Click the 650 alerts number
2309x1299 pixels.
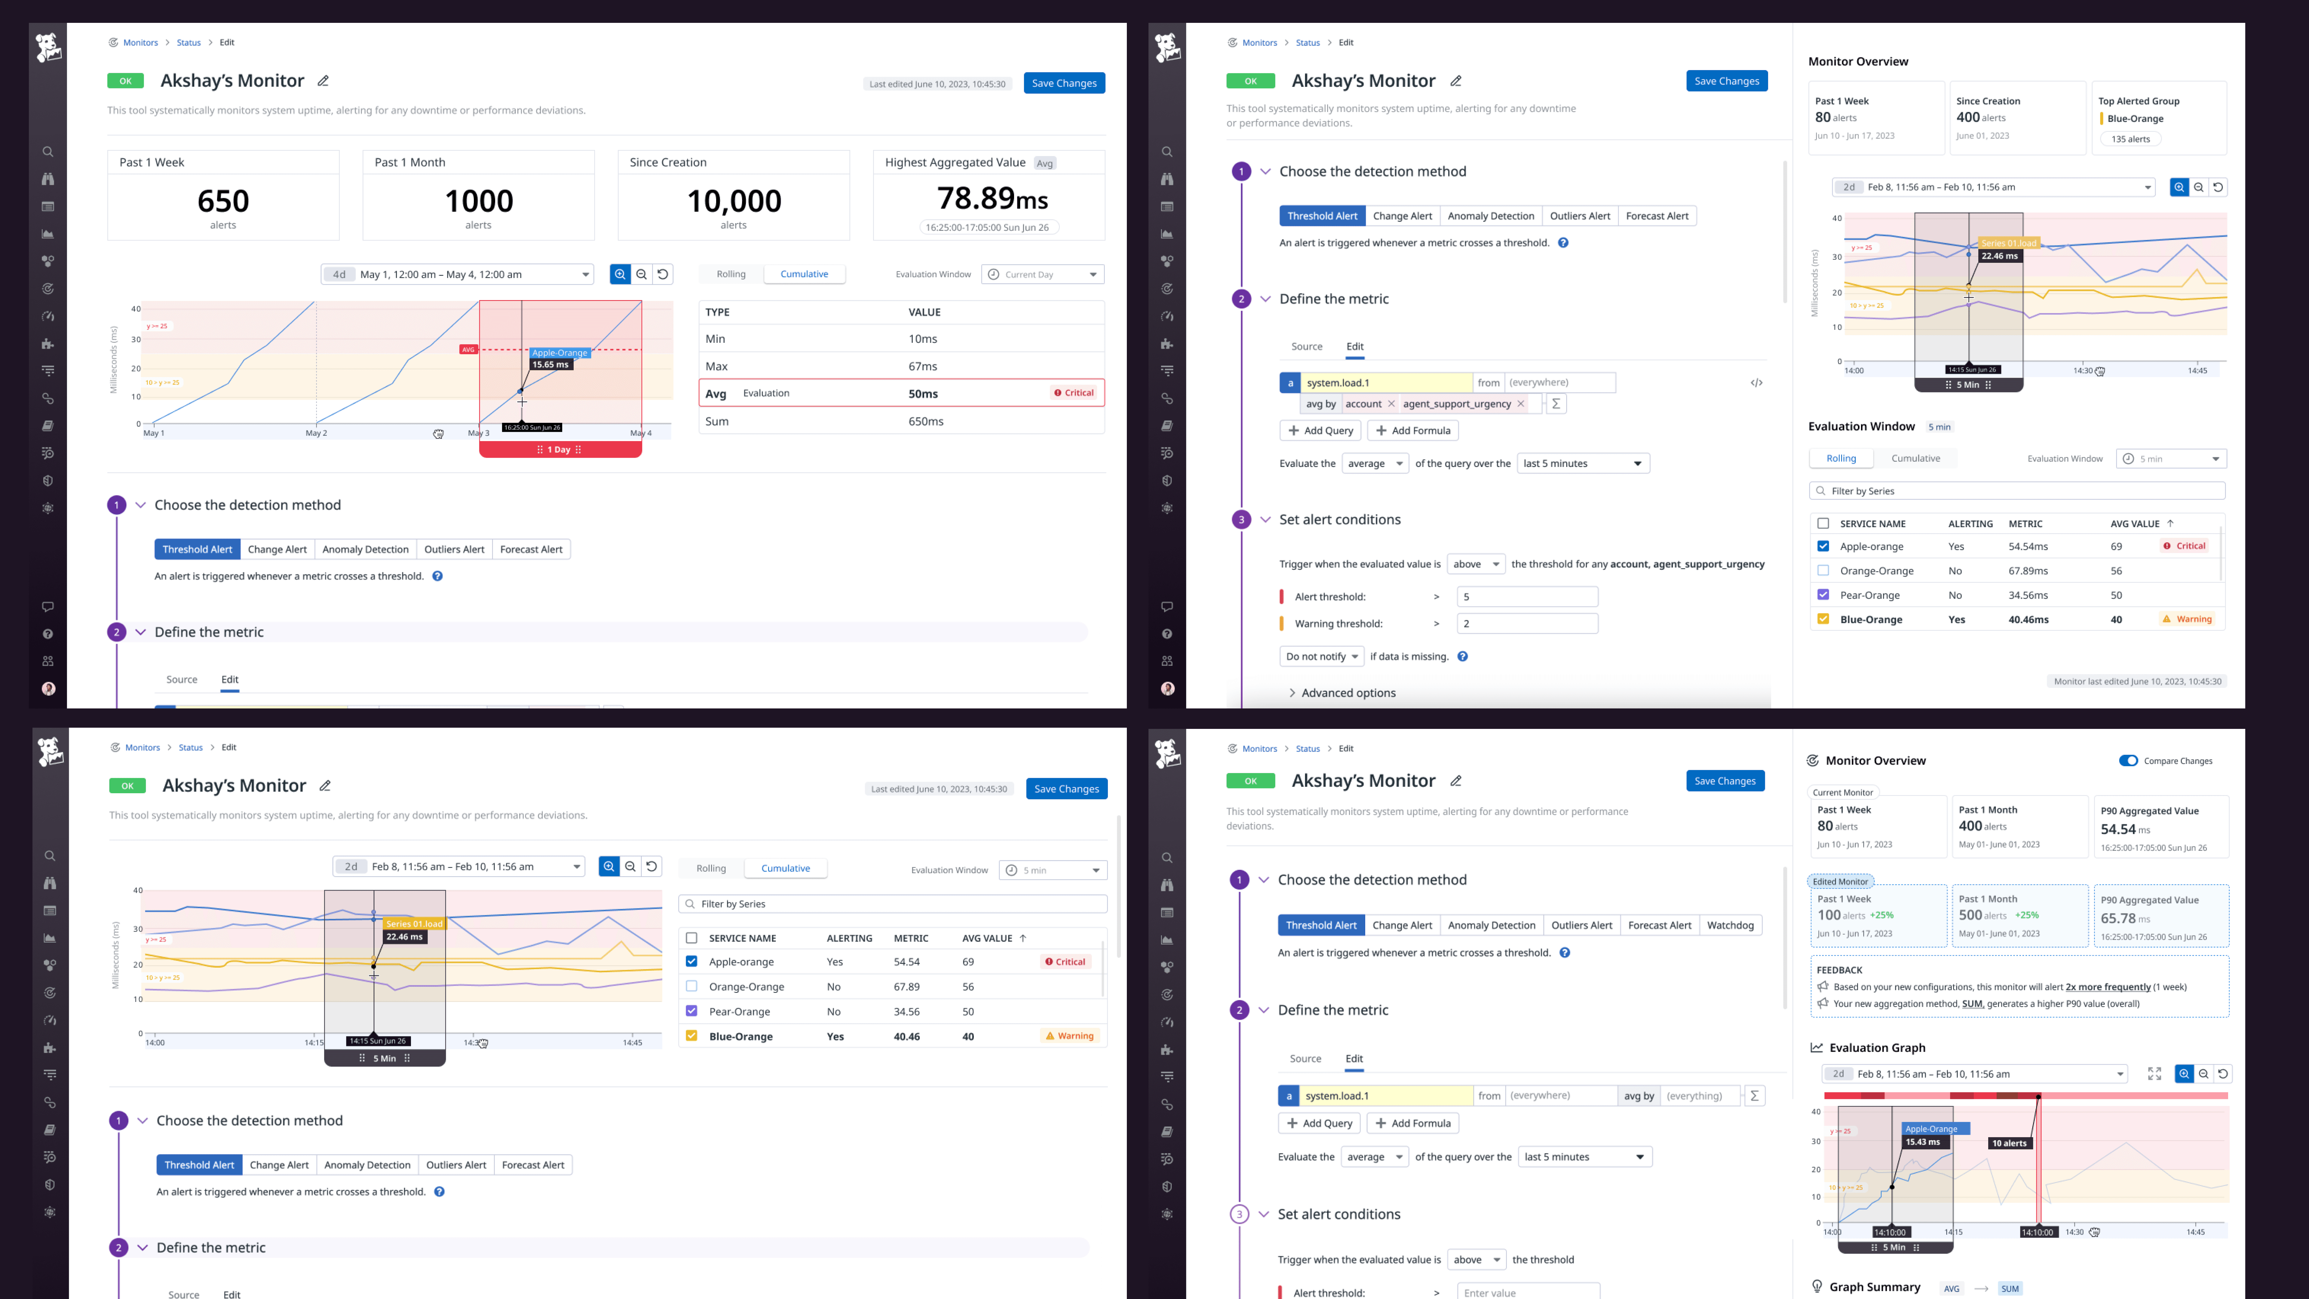click(x=223, y=201)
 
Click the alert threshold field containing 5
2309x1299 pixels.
click(x=1526, y=597)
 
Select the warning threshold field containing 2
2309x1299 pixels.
click(x=1526, y=624)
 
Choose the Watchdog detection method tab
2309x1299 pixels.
click(x=1730, y=925)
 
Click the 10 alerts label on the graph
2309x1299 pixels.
click(x=2009, y=1143)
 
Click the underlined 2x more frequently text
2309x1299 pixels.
click(x=2107, y=987)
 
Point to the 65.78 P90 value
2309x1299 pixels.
click(x=2117, y=919)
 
